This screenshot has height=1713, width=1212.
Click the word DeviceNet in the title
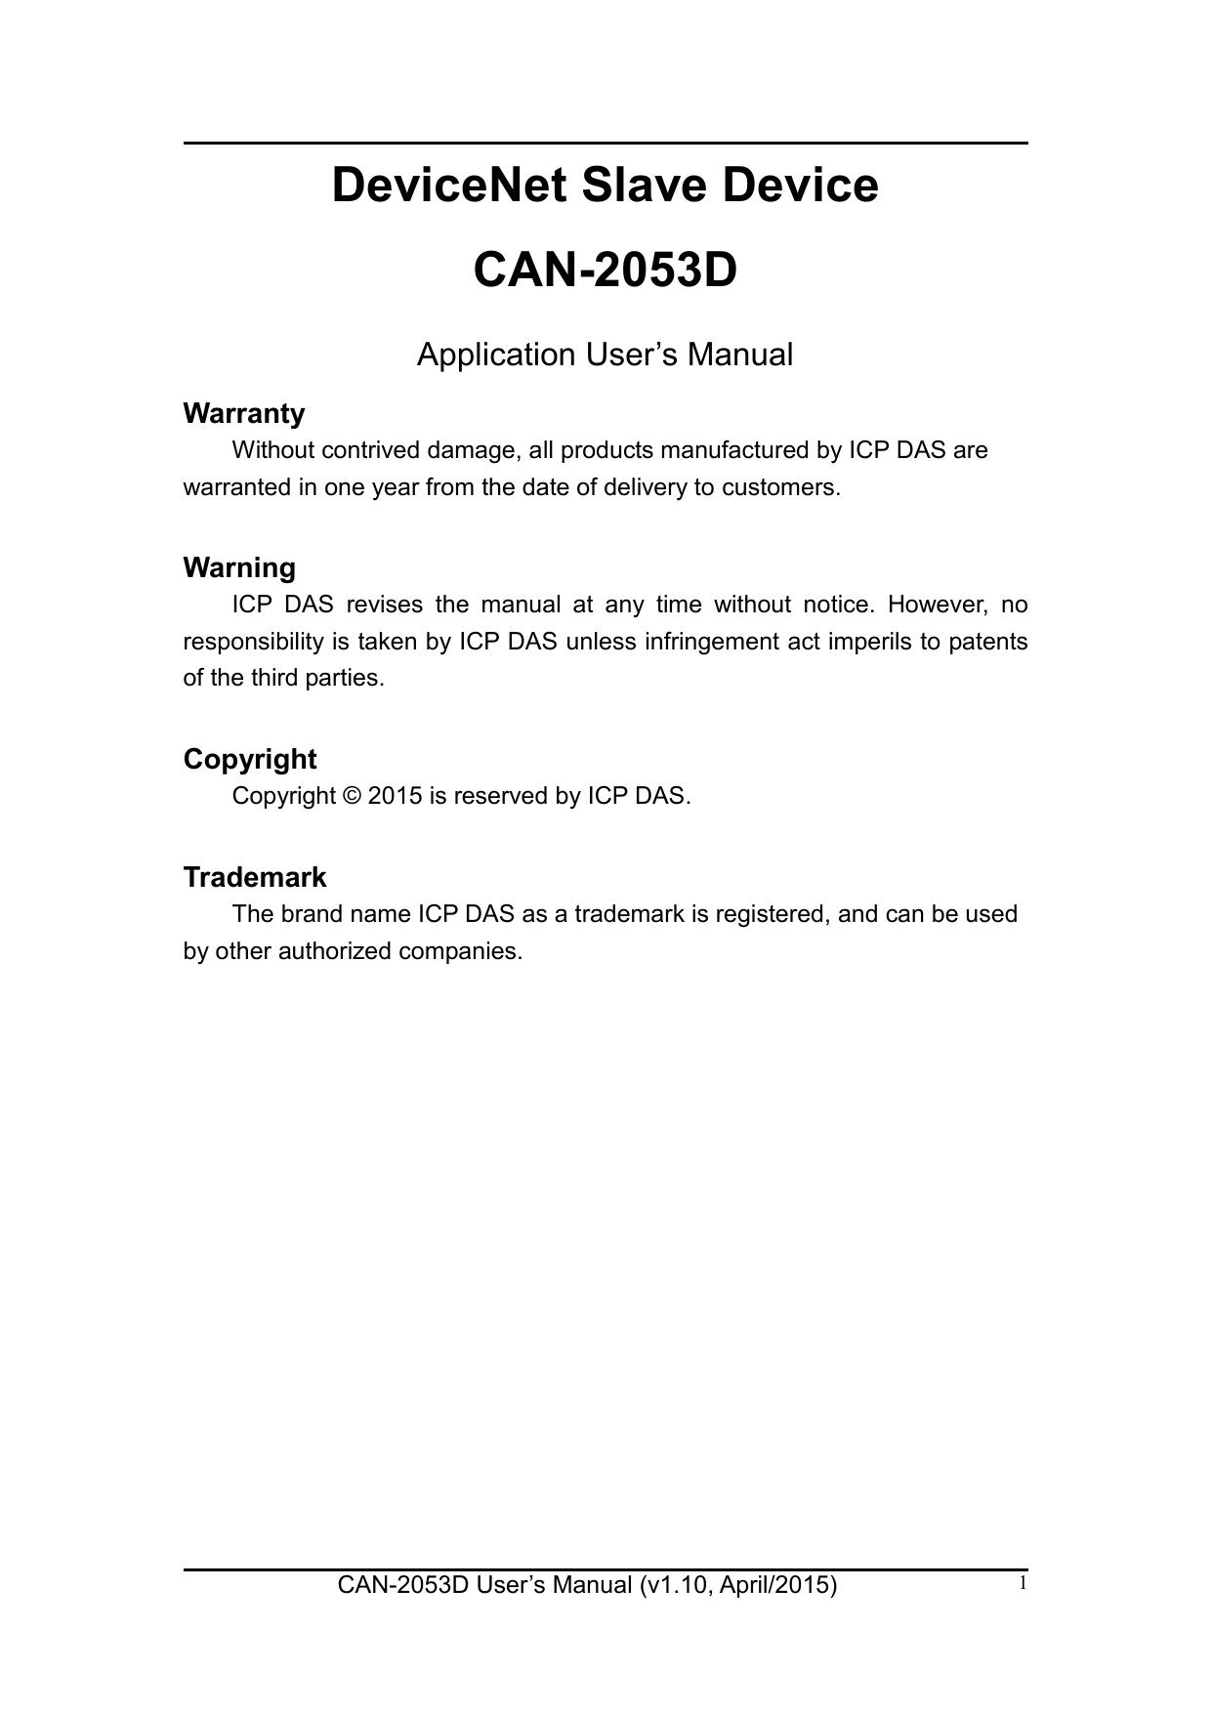[448, 186]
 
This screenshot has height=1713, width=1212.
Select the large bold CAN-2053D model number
[606, 272]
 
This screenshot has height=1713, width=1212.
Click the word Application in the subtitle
[496, 355]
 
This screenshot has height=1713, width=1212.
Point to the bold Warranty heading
[244, 414]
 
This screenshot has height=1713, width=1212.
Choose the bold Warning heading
[239, 568]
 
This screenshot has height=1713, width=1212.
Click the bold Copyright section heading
[250, 760]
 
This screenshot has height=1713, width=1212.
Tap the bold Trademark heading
[255, 878]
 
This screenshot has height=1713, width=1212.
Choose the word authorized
[335, 951]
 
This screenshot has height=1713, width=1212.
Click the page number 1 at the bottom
[1022, 1582]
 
